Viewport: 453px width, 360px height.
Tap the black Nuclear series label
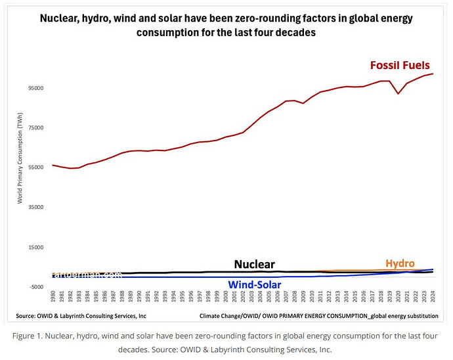(255, 264)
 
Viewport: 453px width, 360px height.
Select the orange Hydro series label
(400, 263)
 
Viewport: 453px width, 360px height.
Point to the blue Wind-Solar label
(254, 284)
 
